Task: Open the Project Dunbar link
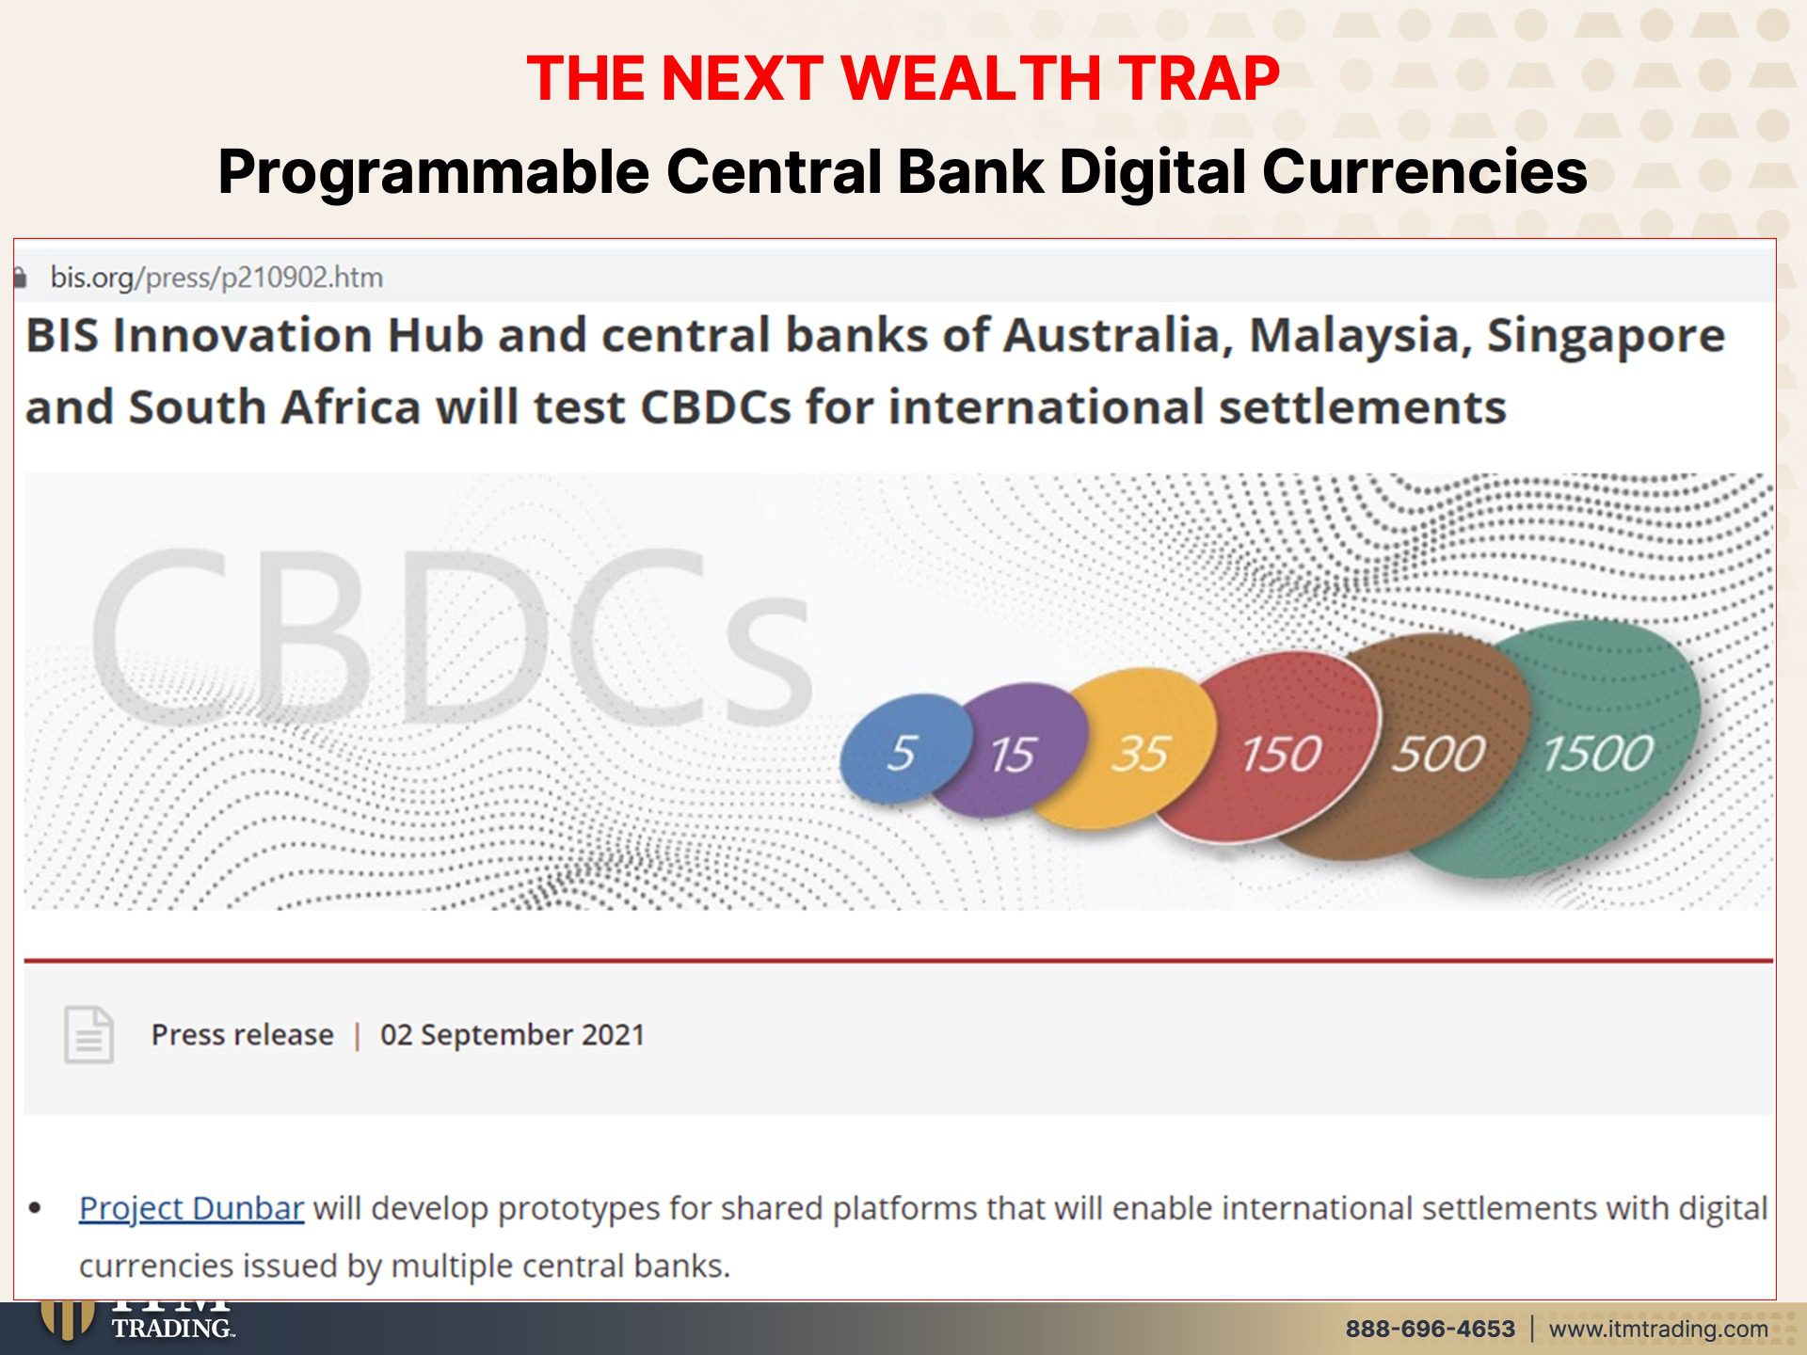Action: pos(191,1208)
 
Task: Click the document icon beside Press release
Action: pos(88,1034)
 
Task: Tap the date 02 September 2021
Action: pos(512,1035)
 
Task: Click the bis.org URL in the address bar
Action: pos(216,278)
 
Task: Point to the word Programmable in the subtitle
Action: pos(434,172)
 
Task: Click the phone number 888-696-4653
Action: pos(1431,1329)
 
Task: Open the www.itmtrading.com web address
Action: pos(1658,1329)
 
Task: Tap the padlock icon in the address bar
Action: pos(20,277)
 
